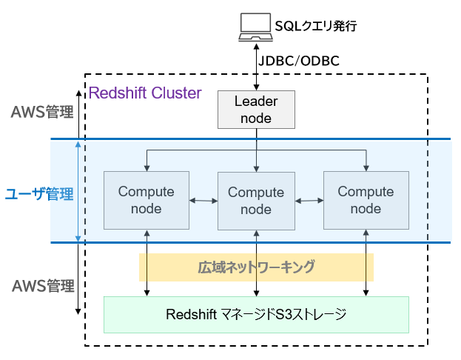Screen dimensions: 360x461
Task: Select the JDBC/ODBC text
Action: click(299, 61)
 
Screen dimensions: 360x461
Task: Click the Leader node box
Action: click(256, 109)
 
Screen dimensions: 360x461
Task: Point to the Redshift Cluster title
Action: click(145, 93)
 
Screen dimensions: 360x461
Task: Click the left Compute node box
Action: click(147, 200)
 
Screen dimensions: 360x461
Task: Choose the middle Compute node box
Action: click(256, 201)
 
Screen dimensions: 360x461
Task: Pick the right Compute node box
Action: click(366, 200)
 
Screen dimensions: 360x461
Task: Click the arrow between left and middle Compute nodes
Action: click(202, 200)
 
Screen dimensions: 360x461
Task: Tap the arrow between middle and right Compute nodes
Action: click(309, 200)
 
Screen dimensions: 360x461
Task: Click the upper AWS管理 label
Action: click(42, 113)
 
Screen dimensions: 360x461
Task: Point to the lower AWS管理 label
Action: click(42, 286)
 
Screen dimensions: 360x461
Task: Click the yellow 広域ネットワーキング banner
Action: click(256, 267)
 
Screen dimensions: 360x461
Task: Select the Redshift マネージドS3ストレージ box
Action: click(256, 314)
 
